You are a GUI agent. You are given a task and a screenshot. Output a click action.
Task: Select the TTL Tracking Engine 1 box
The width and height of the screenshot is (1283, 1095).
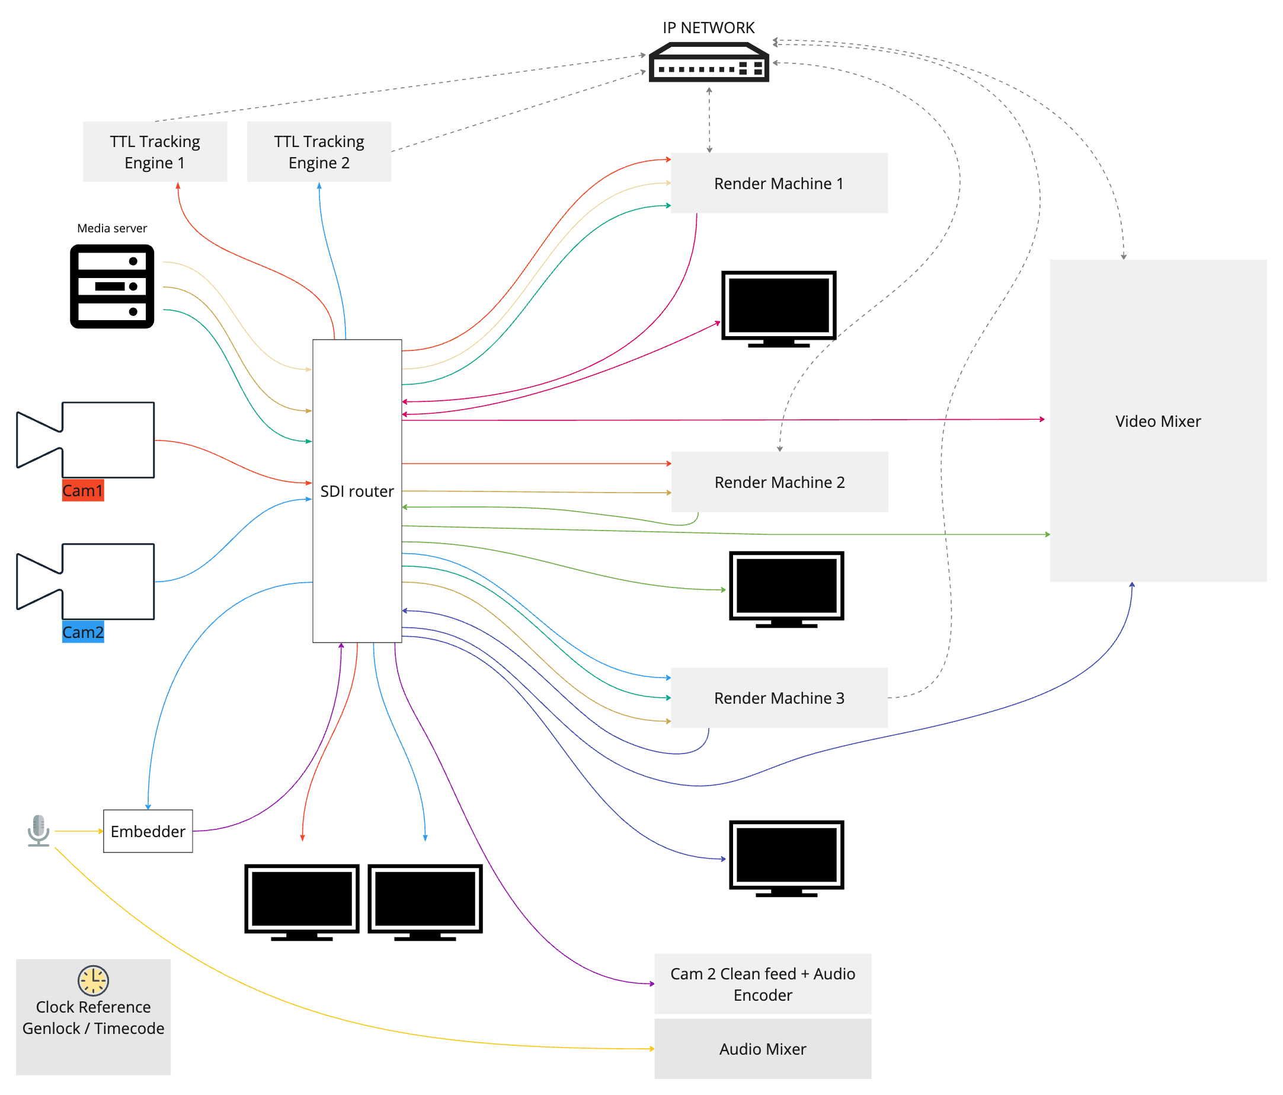coord(155,152)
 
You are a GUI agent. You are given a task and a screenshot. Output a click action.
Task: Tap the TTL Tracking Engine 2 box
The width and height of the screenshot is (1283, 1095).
coord(319,152)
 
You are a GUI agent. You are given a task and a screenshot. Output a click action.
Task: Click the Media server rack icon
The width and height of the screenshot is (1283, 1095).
coord(112,286)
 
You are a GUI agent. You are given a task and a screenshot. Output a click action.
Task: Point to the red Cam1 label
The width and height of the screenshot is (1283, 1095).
coord(83,490)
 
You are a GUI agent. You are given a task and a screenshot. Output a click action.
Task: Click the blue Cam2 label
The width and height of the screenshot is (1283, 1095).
coord(83,633)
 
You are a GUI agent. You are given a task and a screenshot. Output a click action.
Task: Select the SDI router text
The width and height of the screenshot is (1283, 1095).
coord(357,491)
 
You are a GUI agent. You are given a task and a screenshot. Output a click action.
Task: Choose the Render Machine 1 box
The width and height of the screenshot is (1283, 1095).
coord(779,183)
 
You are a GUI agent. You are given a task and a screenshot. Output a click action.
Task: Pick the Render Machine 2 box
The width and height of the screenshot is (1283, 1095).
coord(780,482)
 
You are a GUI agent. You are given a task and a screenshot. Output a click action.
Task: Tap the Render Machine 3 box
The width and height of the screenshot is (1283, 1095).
coord(779,698)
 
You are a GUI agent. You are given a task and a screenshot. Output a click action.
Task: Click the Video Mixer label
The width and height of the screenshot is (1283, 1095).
coord(1158,421)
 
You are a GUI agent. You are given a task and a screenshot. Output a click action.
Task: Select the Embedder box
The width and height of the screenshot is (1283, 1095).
coord(148,831)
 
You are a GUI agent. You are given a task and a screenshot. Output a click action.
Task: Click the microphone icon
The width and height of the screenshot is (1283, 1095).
coord(39,830)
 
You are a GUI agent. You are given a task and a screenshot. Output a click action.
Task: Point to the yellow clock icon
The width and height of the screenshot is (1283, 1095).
coord(93,981)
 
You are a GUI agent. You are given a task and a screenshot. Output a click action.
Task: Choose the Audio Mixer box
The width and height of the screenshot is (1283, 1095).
coord(762,1049)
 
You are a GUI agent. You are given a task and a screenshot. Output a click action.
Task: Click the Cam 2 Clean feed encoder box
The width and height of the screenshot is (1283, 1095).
coord(762,984)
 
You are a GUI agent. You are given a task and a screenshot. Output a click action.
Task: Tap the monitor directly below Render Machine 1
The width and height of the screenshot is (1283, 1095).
coord(779,308)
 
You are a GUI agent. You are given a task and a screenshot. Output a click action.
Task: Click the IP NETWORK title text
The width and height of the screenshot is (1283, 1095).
coord(708,28)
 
